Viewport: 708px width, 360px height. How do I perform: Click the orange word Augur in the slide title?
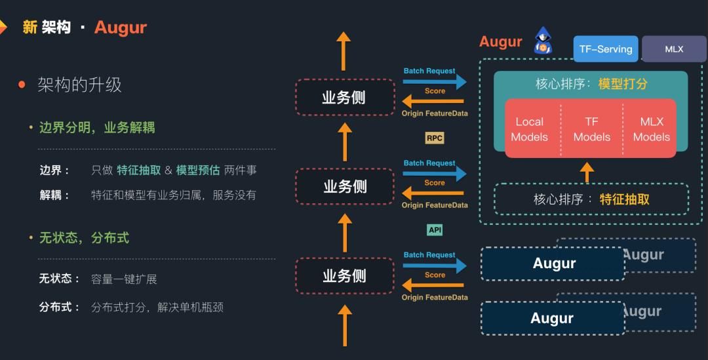pos(121,28)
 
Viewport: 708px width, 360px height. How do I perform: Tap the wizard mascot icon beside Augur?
pos(543,41)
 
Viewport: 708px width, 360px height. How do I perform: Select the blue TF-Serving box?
pos(605,49)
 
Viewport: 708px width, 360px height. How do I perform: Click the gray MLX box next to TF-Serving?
pos(673,49)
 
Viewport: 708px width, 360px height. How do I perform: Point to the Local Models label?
pos(529,129)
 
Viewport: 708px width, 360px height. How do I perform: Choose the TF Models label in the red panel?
pos(591,129)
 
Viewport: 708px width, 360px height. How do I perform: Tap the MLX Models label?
pos(651,129)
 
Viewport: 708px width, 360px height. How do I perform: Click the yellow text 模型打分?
pos(623,84)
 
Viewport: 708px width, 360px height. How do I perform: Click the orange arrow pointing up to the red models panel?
pos(587,172)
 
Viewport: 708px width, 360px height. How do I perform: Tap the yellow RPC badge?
pos(435,138)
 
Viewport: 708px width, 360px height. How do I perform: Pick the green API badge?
pos(435,230)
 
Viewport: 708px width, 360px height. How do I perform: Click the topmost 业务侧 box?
pos(345,98)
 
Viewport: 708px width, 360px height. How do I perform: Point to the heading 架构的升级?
pos(79,85)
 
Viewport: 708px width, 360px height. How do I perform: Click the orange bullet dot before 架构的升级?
pos(22,85)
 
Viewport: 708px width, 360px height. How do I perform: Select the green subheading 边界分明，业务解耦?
pos(97,127)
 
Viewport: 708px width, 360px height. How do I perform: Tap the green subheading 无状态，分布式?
pos(84,237)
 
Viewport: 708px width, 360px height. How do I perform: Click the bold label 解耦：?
pos(55,195)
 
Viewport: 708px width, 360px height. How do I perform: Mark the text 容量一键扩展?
pos(124,279)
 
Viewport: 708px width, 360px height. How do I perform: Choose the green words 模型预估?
pos(198,170)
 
